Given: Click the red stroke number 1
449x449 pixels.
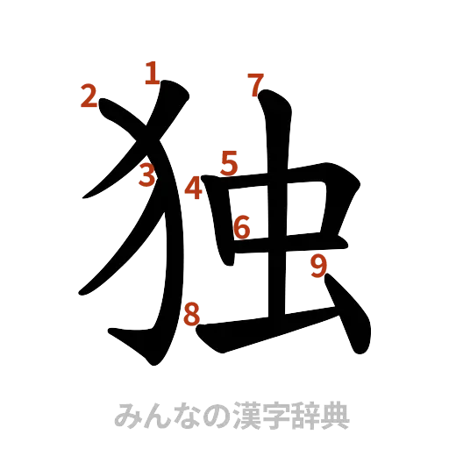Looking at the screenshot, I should pos(152,73).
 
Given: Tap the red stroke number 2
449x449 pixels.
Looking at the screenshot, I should pos(88,96).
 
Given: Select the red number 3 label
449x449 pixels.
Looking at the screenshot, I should pos(146,175).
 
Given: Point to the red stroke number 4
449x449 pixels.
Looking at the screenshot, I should pos(194,188).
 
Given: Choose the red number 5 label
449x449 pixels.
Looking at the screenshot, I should pos(229,162).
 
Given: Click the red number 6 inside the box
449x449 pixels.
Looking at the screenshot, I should pos(243,228).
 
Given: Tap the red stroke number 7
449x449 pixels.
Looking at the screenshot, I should pos(254,85).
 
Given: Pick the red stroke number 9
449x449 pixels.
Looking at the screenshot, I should pos(319,266).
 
